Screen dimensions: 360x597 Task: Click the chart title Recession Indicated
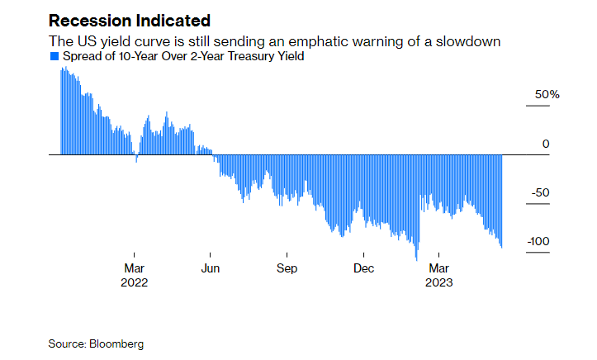point(130,20)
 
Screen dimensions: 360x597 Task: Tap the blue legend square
point(54,56)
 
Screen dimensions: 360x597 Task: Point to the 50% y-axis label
point(547,95)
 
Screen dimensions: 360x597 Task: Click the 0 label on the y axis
point(545,144)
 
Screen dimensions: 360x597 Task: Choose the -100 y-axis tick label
point(538,241)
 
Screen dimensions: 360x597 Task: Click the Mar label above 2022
point(134,268)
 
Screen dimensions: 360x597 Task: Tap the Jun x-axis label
point(211,268)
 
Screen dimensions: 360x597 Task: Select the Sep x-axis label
point(287,268)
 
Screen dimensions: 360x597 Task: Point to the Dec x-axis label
point(362,268)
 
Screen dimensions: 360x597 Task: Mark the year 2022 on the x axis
point(134,282)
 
